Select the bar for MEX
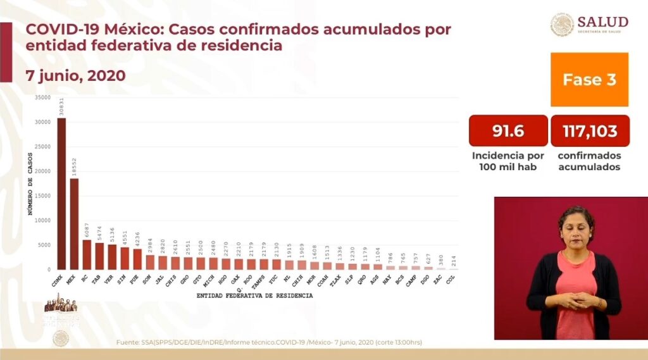[x=74, y=224]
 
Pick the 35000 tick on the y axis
[x=42, y=97]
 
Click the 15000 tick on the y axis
[x=42, y=196]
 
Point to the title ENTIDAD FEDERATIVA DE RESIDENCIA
[x=254, y=295]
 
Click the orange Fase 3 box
[x=589, y=80]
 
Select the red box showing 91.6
[x=508, y=131]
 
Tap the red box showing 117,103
[x=590, y=131]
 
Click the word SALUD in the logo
[x=602, y=22]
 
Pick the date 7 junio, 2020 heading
[x=75, y=75]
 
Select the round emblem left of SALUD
[x=561, y=25]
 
